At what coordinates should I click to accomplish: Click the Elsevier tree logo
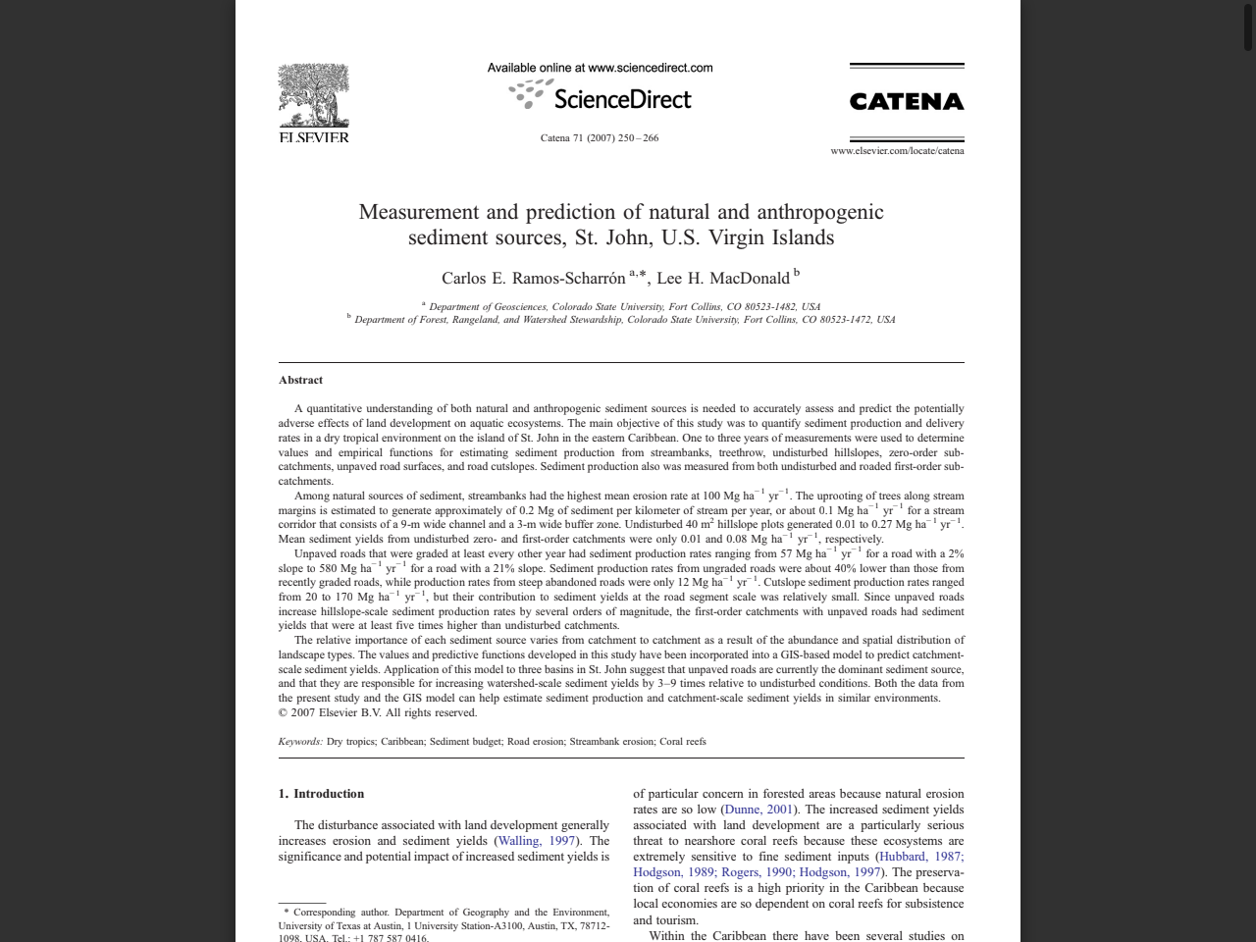(314, 96)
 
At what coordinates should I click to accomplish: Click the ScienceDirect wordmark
(622, 99)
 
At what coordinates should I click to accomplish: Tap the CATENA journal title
(906, 102)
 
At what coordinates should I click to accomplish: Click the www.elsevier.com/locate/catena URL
(897, 151)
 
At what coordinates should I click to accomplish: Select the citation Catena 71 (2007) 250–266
(600, 138)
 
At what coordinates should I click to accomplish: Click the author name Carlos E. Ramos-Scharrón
(533, 279)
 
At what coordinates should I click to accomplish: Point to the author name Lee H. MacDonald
(723, 279)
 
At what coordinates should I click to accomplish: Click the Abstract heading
(300, 381)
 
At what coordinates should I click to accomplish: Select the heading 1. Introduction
(321, 794)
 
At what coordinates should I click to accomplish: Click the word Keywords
(299, 742)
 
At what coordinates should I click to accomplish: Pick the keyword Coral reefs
(683, 742)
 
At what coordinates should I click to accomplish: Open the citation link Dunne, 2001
(759, 810)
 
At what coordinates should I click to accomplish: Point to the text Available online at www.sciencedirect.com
(600, 68)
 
